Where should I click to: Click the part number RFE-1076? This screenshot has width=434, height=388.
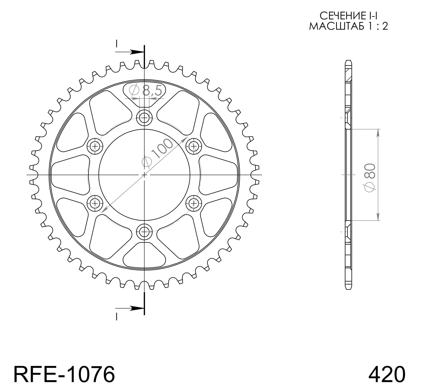[x=64, y=374]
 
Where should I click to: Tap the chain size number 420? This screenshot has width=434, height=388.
[x=386, y=374]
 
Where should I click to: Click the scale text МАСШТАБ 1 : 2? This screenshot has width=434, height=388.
[x=348, y=26]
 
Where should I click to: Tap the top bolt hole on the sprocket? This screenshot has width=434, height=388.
[x=144, y=118]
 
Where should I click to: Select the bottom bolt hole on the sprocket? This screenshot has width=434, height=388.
[x=144, y=232]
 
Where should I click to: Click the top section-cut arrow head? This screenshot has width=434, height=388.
[x=136, y=52]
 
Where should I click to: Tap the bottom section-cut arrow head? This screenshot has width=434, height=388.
[x=136, y=308]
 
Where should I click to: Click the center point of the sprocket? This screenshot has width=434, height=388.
[x=144, y=175]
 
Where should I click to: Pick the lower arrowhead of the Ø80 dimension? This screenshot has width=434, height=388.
[x=378, y=217]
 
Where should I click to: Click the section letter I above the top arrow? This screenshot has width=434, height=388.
[x=116, y=44]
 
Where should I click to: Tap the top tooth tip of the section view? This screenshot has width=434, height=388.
[x=348, y=61]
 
